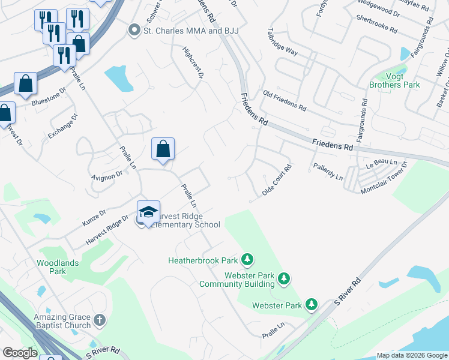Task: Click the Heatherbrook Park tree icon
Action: [247, 260]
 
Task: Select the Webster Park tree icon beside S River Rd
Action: [311, 305]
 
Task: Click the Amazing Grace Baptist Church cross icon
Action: [100, 321]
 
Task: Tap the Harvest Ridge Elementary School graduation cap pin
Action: [148, 212]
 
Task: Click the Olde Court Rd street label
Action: [277, 180]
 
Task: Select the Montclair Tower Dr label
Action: [384, 178]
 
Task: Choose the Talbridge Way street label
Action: [283, 42]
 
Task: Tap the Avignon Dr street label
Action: [106, 175]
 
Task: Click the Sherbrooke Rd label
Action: [376, 24]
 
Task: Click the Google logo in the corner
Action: [20, 353]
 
